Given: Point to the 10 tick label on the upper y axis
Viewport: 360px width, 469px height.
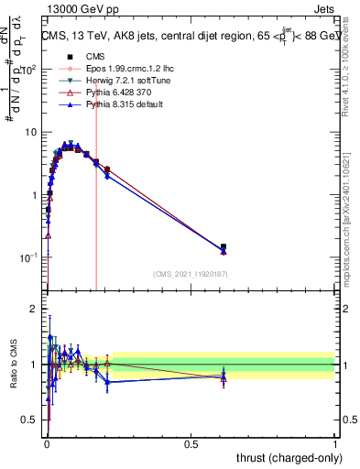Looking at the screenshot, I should [x=30, y=132].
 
